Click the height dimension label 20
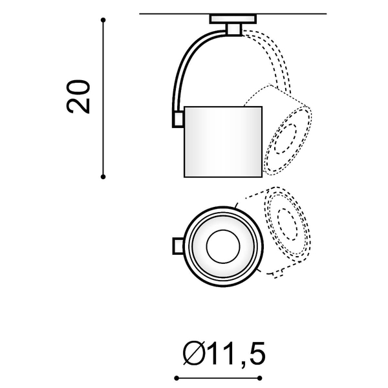pyautogui.click(x=78, y=97)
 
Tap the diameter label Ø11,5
pyautogui.click(x=224, y=353)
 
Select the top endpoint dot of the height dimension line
pyautogui.click(x=103, y=20)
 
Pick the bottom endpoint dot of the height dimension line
pyautogui.click(x=103, y=177)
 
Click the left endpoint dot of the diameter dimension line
pyautogui.click(x=177, y=378)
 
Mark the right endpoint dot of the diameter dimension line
pyautogui.click(x=259, y=378)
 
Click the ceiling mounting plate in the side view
pyautogui.click(x=233, y=19)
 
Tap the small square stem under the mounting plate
pyautogui.click(x=233, y=30)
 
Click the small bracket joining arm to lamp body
pyautogui.click(x=178, y=120)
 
